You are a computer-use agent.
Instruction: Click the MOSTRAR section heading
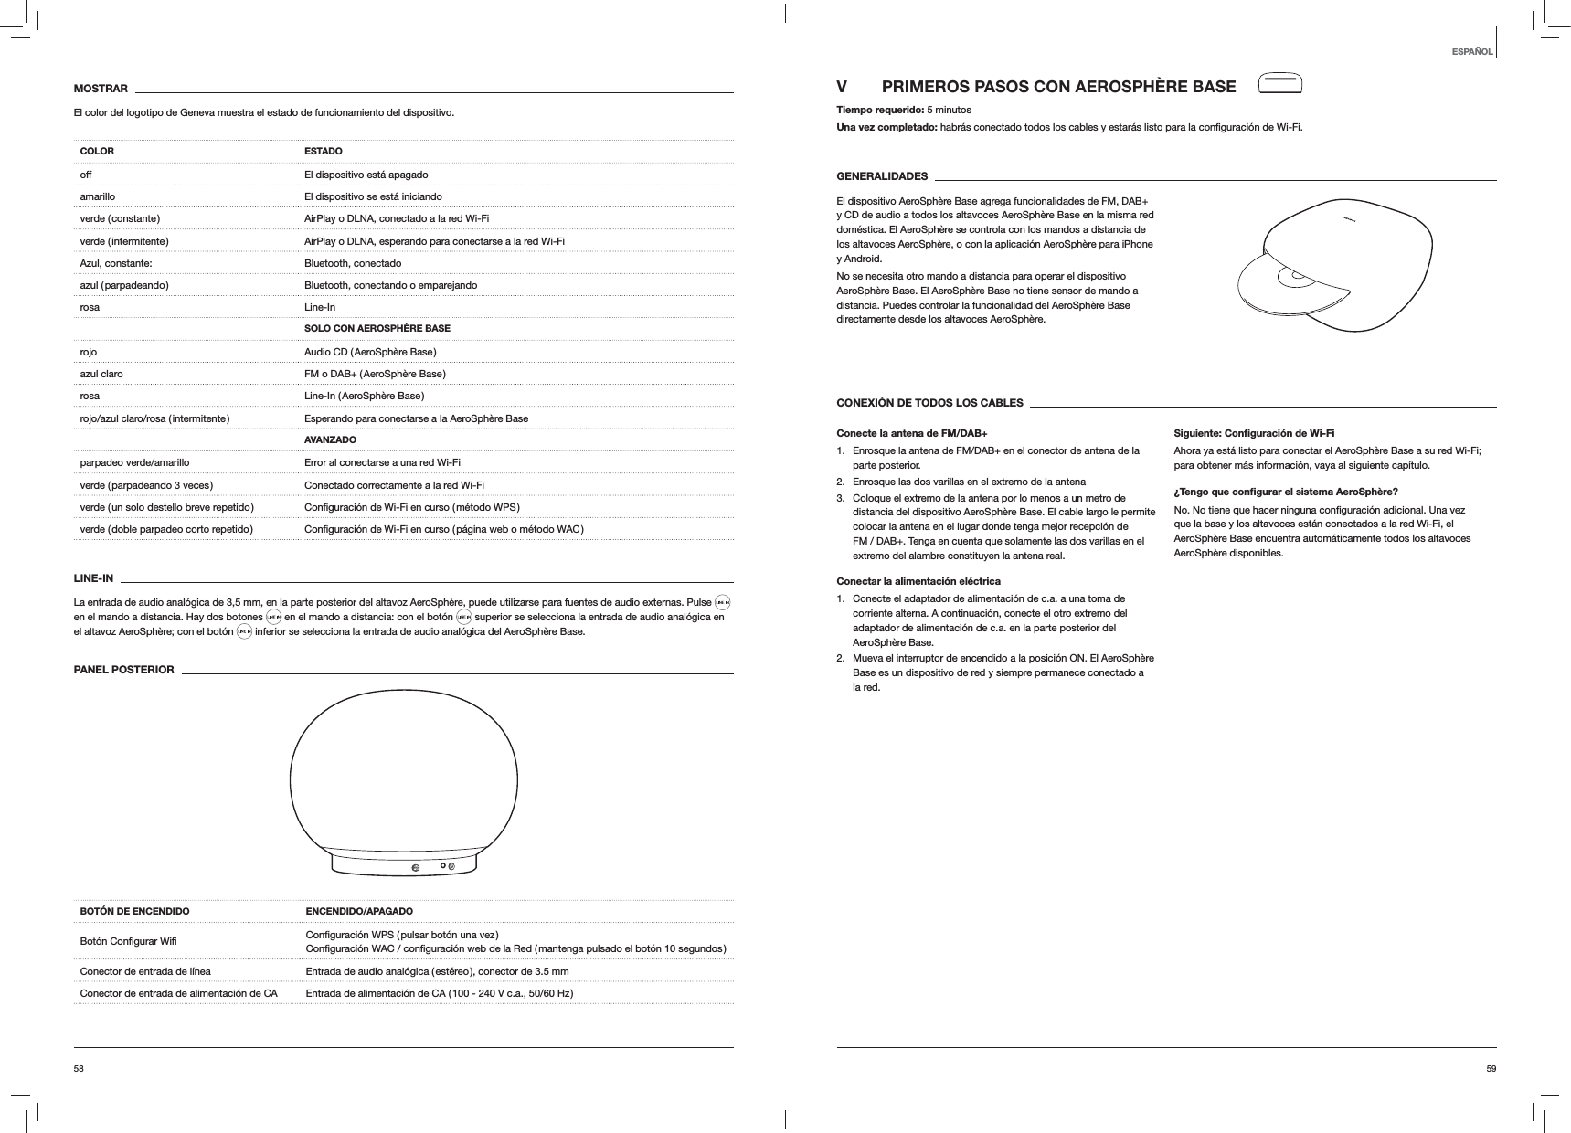tap(101, 89)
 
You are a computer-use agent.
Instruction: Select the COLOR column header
tap(98, 151)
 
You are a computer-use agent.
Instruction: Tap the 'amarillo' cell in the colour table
tap(98, 196)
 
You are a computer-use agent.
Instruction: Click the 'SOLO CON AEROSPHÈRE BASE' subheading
tap(377, 328)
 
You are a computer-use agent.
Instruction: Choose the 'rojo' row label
tap(89, 352)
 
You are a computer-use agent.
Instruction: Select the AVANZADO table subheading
tap(330, 440)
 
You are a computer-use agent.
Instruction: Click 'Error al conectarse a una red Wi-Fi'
tap(382, 462)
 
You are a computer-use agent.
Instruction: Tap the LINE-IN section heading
tap(93, 578)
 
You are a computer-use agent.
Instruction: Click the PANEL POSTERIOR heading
tap(123, 670)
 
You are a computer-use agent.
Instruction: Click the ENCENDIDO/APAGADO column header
tap(358, 912)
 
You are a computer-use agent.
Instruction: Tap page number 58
tap(80, 1067)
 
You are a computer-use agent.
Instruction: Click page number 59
tap(1491, 1067)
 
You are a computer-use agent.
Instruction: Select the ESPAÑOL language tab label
tap(1471, 51)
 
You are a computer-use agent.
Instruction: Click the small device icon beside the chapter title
tap(1279, 83)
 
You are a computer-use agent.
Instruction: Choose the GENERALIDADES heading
tap(882, 176)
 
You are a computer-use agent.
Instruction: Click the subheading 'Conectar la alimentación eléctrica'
tap(918, 581)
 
